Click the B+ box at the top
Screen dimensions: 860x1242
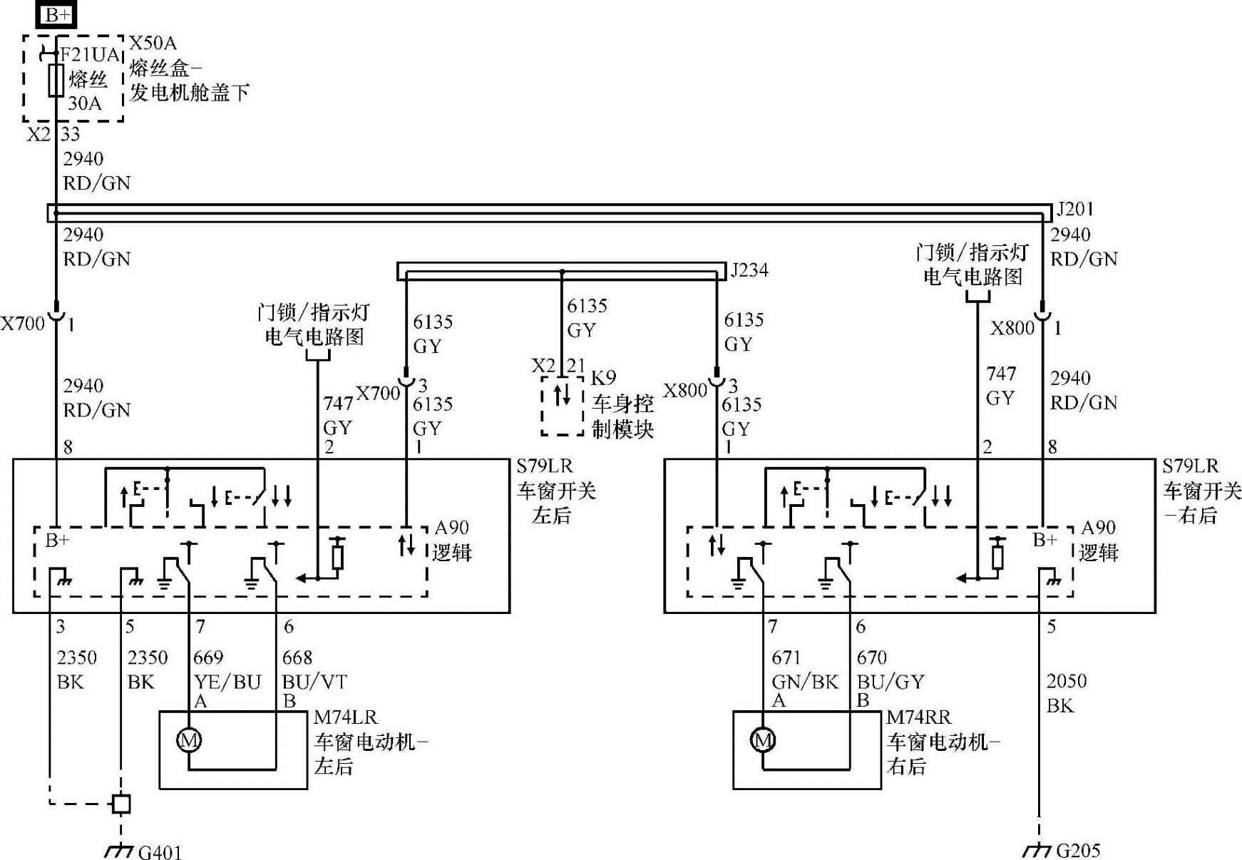pyautogui.click(x=57, y=14)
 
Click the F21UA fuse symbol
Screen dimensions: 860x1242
pyautogui.click(x=56, y=81)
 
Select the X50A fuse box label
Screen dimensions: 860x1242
pyautogui.click(x=153, y=43)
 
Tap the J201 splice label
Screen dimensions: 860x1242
pyautogui.click(x=1074, y=210)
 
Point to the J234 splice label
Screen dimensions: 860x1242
pyautogui.click(x=749, y=270)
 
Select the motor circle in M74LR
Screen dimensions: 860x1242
pyautogui.click(x=189, y=741)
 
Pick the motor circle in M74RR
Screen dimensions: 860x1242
pyautogui.click(x=763, y=741)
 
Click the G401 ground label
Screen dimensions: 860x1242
pyautogui.click(x=160, y=851)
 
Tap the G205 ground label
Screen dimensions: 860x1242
pyautogui.click(x=1078, y=850)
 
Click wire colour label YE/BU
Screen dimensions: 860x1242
pyautogui.click(x=227, y=682)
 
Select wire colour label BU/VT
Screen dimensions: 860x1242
pyautogui.click(x=314, y=682)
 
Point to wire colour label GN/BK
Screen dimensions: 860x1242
pyautogui.click(x=805, y=682)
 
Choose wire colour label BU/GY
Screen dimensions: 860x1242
pyautogui.click(x=891, y=682)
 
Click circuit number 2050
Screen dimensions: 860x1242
pyautogui.click(x=1066, y=681)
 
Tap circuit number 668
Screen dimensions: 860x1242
pyautogui.click(x=297, y=657)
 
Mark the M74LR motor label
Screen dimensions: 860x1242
pyautogui.click(x=345, y=717)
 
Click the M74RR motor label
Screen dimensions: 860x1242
pyautogui.click(x=919, y=717)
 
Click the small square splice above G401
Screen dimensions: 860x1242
pyautogui.click(x=121, y=804)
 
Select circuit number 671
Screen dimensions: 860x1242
pyautogui.click(x=786, y=657)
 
